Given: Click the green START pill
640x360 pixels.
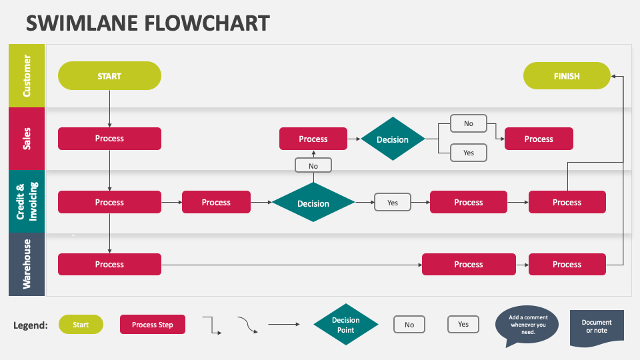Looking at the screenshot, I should click(109, 76).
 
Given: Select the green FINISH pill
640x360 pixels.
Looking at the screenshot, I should click(567, 76).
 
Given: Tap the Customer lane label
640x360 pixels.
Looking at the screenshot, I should click(27, 76).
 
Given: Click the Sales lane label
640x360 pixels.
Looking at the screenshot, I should click(27, 139).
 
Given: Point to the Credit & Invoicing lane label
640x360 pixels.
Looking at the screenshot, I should click(27, 201).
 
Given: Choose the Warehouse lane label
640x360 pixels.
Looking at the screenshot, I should click(27, 264).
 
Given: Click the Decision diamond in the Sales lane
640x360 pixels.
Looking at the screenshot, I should click(393, 139).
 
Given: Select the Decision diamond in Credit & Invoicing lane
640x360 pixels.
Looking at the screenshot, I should click(313, 203).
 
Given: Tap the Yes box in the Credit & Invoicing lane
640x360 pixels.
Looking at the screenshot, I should click(393, 203).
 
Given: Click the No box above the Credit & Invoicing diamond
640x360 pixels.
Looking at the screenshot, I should click(313, 165).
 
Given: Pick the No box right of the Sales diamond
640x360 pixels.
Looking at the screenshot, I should click(469, 123).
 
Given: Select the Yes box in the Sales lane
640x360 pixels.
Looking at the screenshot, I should click(469, 153).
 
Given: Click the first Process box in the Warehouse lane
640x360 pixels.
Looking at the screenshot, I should click(109, 264).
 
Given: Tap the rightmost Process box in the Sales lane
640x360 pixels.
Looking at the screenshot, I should click(539, 139).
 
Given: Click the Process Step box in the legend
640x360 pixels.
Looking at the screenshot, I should click(153, 325).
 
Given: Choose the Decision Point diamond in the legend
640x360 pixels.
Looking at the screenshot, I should click(346, 325).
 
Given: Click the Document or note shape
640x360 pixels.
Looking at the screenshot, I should click(597, 327).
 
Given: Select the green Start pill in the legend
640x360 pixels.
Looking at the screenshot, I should click(81, 325).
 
